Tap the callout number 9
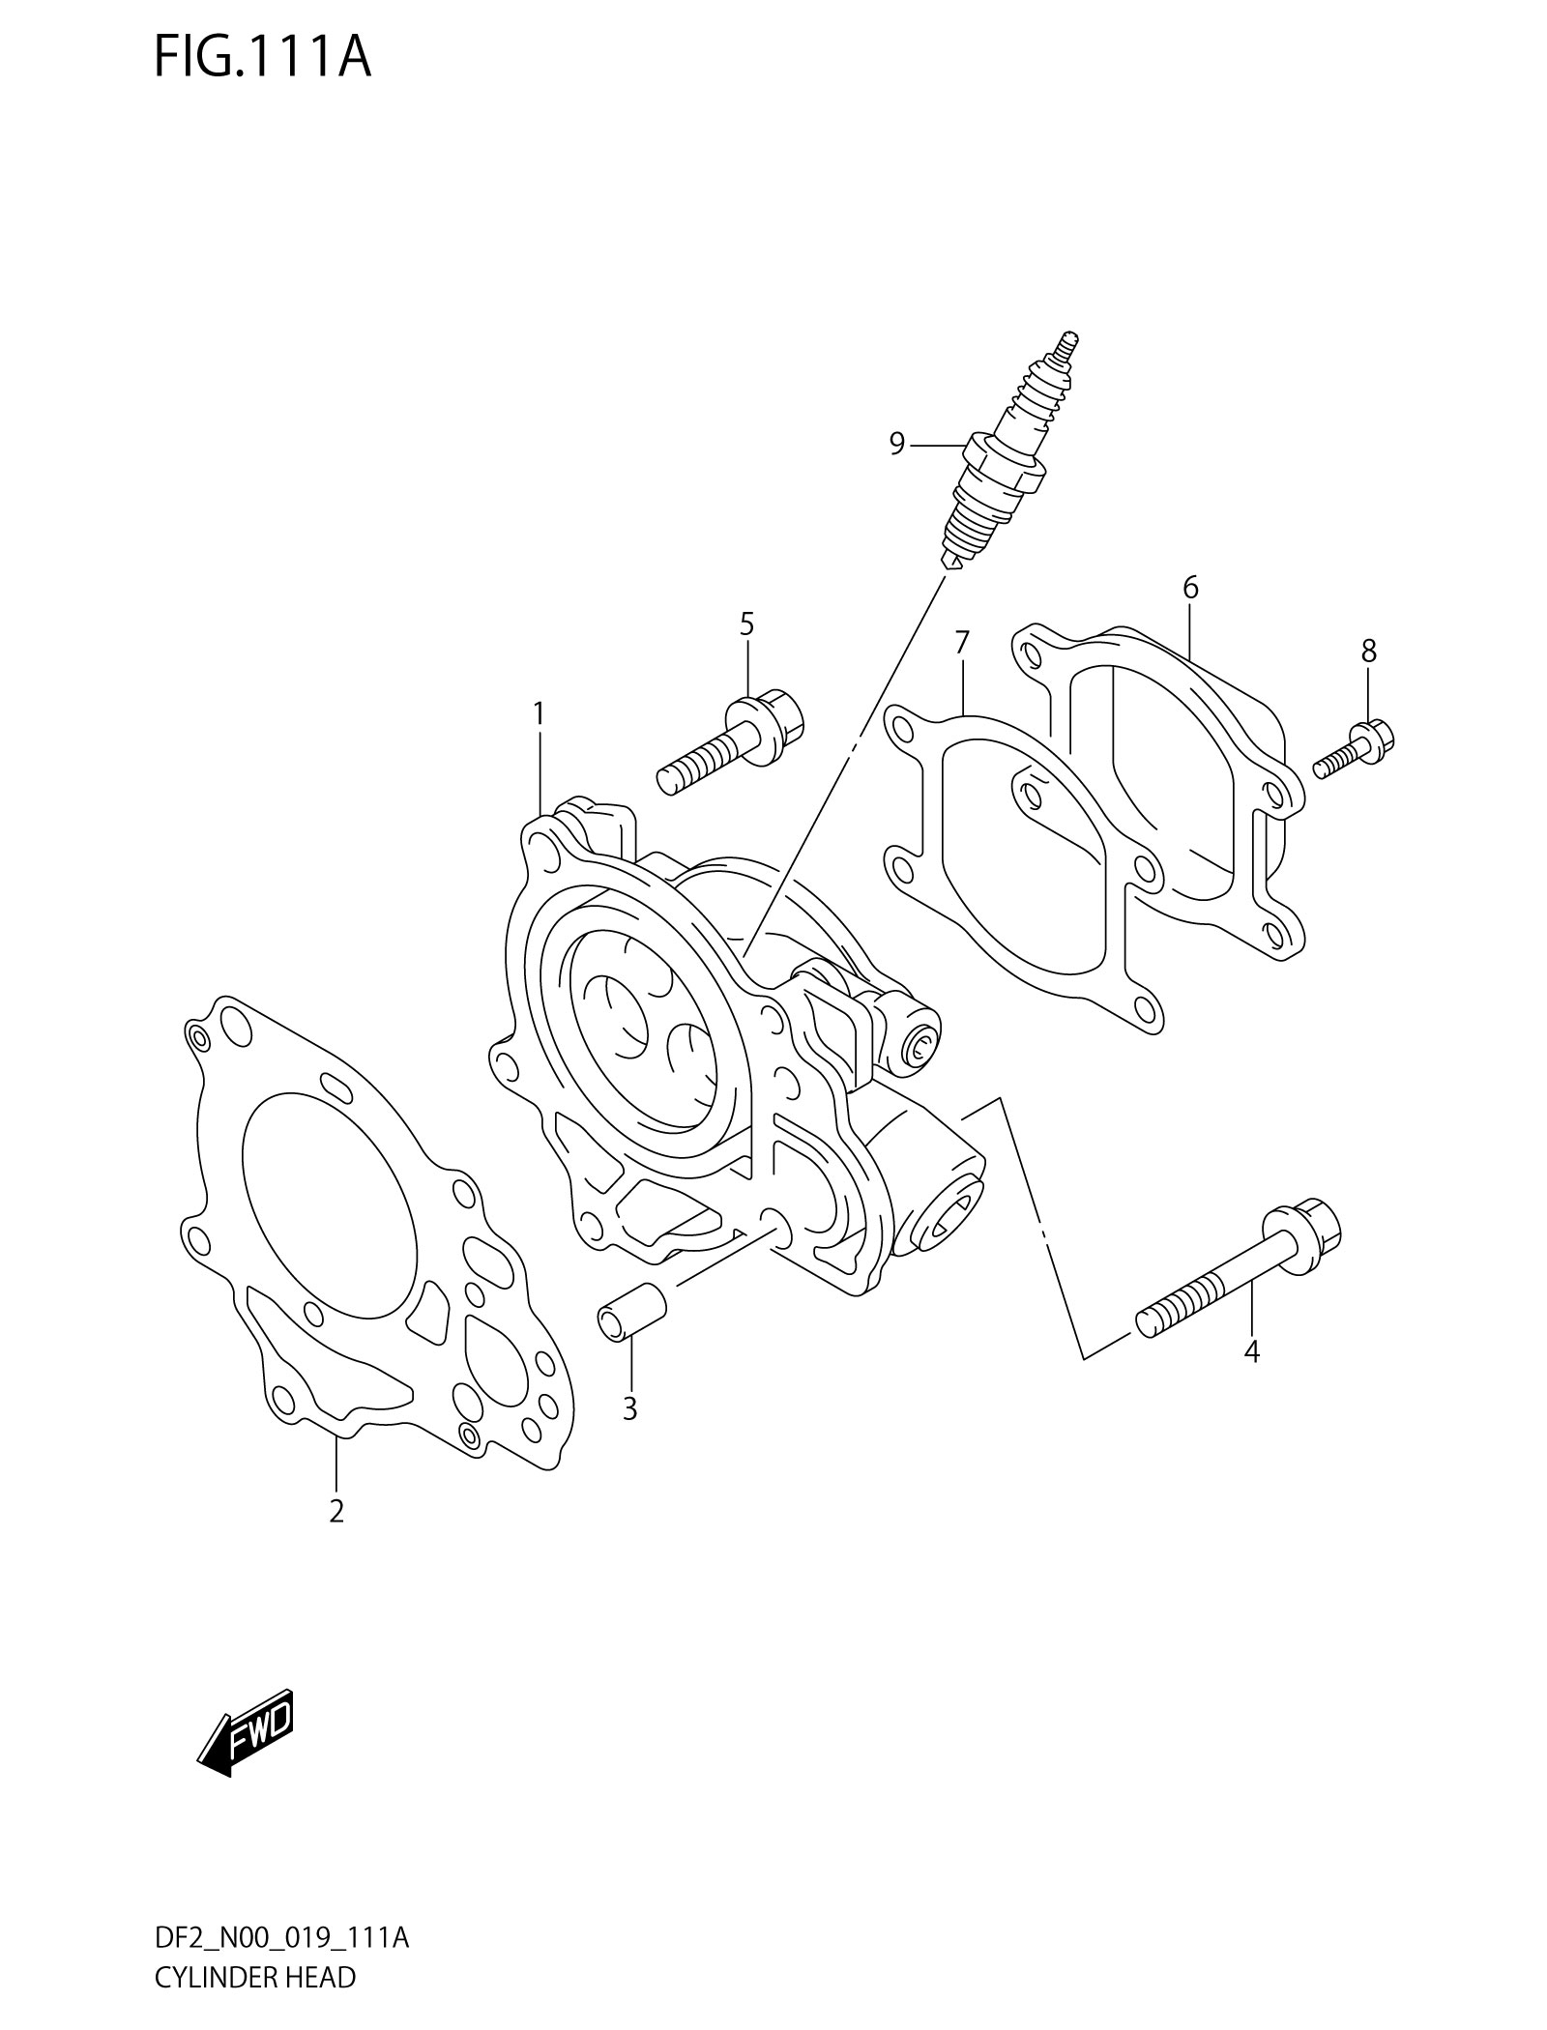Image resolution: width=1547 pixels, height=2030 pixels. coord(896,444)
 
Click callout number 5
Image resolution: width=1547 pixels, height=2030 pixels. coord(746,624)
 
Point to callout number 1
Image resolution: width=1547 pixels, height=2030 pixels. coord(538,714)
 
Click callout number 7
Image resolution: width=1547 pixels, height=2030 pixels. coord(961,642)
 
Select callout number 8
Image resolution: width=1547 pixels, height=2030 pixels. coord(1368,652)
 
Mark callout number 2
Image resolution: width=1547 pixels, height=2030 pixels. coord(336,1537)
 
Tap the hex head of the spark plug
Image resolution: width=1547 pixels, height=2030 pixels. coord(1006,462)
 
